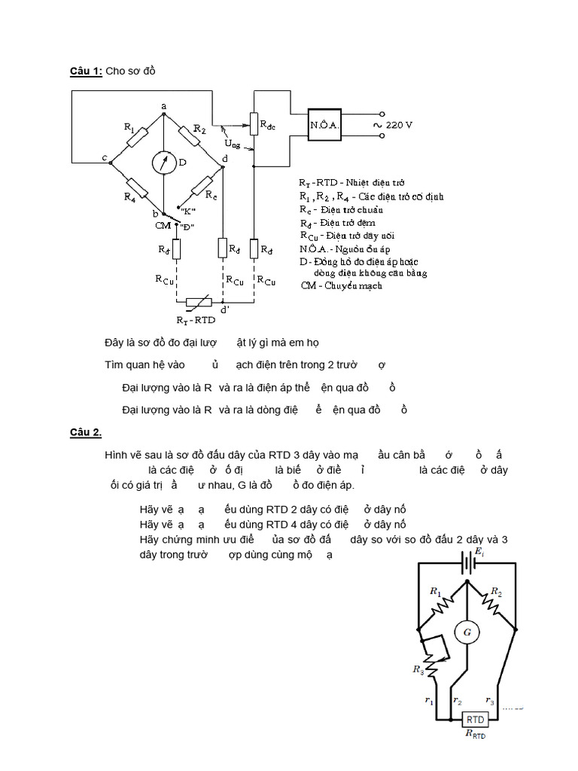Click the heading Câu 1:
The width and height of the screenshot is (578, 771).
[x=85, y=71]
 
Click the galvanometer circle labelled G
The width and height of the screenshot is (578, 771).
[x=467, y=632]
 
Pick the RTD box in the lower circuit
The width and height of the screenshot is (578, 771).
[x=474, y=719]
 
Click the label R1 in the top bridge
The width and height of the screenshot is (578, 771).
[x=130, y=135]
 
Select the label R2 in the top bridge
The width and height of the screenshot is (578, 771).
[x=199, y=130]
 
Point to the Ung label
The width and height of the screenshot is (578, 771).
[x=233, y=143]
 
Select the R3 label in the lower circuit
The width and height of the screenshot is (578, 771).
[x=418, y=669]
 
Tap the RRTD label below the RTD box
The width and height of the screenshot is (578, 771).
[x=475, y=734]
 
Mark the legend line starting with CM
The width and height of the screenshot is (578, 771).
[x=341, y=285]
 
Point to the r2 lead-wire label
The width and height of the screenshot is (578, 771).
[x=458, y=700]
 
